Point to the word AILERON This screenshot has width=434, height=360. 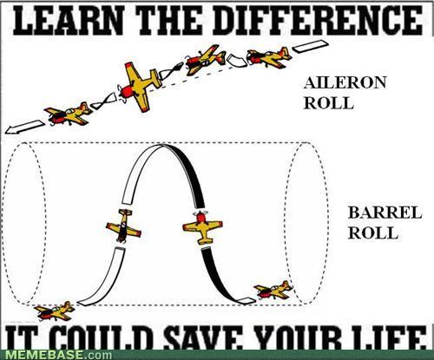[x=345, y=82]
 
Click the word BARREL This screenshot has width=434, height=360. [x=385, y=213]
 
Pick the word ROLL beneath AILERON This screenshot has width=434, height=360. [x=329, y=102]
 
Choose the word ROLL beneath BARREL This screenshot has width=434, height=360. [x=373, y=232]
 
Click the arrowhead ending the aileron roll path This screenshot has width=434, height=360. [x=11, y=130]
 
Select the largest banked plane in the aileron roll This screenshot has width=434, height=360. [x=140, y=87]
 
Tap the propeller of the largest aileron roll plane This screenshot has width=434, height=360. [x=121, y=94]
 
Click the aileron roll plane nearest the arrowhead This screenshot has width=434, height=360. [x=68, y=114]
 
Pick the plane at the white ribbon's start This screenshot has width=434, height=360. [x=55, y=311]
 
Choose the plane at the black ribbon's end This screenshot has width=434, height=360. [x=273, y=291]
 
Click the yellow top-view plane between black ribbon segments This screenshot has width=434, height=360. [x=202, y=228]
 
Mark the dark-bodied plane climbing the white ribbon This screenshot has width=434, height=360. [x=123, y=226]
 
